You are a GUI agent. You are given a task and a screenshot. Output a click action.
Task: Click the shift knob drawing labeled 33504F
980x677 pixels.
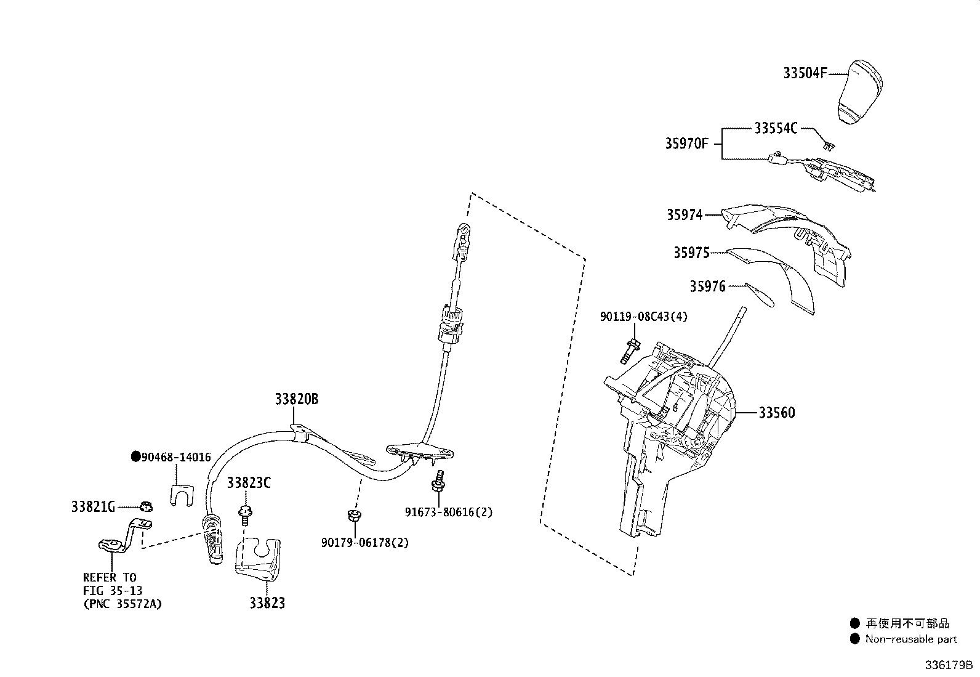(x=859, y=92)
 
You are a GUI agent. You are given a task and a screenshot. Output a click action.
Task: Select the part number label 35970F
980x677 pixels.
(x=686, y=144)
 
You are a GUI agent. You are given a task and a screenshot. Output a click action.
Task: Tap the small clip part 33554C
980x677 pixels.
(x=828, y=146)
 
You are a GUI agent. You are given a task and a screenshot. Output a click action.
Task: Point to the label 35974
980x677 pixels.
(x=684, y=215)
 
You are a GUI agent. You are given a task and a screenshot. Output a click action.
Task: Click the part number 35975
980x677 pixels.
(x=691, y=253)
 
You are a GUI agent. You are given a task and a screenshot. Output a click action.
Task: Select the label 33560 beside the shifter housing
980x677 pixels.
(x=776, y=413)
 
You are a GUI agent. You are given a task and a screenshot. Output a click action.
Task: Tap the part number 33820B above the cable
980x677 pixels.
(x=297, y=399)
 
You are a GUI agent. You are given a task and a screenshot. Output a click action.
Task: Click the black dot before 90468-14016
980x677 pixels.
(x=135, y=457)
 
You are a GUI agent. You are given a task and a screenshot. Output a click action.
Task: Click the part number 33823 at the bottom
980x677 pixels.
(x=267, y=603)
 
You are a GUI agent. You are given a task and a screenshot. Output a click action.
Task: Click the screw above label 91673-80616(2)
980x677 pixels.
(x=439, y=481)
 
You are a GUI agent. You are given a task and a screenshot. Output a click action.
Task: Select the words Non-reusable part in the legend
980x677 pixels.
(x=911, y=639)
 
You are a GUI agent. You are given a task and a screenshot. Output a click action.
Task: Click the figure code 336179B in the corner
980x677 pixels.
(x=947, y=666)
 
